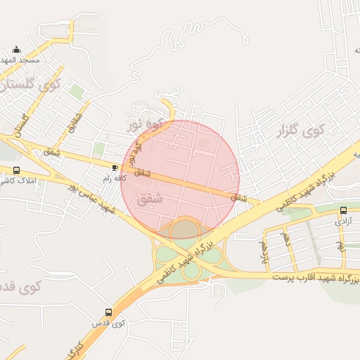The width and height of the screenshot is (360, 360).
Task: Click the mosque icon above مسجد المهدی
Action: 17,50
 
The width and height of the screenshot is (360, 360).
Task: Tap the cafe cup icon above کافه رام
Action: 115,167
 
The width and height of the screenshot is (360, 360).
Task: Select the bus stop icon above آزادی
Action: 343,210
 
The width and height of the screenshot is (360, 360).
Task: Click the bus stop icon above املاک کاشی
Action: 16,170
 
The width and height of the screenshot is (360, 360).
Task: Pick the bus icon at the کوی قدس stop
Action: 108,311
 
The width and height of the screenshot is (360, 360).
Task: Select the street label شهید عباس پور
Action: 92,198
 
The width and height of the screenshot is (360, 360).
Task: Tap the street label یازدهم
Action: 264,247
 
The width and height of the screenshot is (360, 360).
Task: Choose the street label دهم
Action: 285,240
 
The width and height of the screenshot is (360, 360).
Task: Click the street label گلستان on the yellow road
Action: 20,126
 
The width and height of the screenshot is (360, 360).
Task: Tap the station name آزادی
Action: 342,221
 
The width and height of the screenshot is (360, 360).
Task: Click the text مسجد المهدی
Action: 20,60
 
